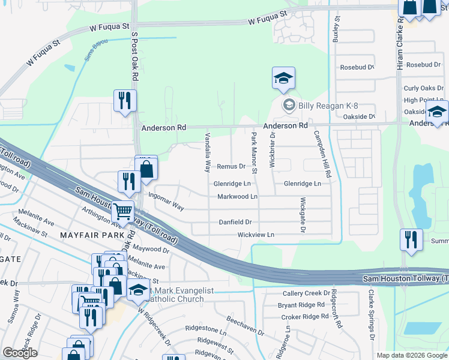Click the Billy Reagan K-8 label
tap(318, 106)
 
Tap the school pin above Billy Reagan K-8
tap(283, 79)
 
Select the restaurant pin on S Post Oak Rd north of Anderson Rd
tap(125, 100)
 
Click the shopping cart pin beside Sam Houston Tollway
tap(123, 211)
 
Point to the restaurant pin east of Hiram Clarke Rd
tap(411, 239)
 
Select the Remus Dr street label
tap(232, 166)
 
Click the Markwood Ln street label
tap(237, 196)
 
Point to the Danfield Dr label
tap(235, 222)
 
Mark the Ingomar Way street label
tap(167, 200)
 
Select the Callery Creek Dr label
tap(306, 293)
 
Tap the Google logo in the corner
tap(20, 353)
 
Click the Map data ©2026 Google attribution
tap(412, 355)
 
